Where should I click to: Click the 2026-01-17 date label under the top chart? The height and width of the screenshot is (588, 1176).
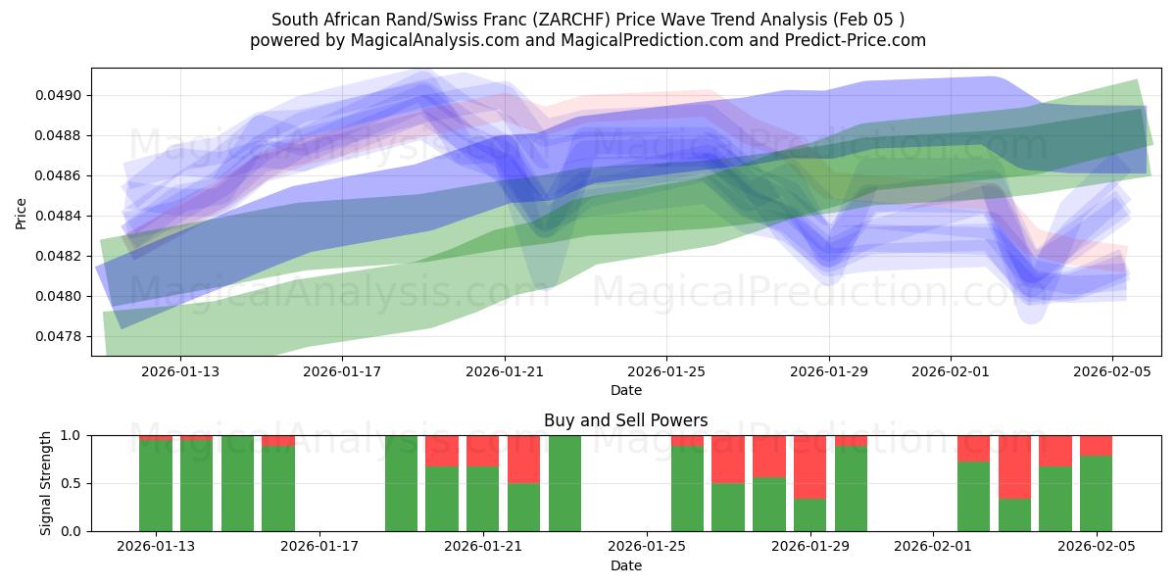(x=342, y=371)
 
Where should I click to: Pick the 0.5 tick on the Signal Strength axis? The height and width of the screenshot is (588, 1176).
(x=73, y=483)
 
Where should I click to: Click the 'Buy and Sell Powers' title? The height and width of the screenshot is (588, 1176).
(x=625, y=420)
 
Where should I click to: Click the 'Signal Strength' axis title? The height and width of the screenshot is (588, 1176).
(x=45, y=483)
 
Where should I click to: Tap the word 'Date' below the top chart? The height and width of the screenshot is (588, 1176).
(x=625, y=390)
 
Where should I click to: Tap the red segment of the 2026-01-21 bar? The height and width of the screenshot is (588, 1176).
(x=482, y=451)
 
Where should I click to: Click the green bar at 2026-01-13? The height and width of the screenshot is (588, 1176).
(x=156, y=485)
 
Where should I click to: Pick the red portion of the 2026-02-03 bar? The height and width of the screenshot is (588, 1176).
(x=1014, y=466)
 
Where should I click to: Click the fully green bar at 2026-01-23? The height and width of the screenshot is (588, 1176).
(x=564, y=483)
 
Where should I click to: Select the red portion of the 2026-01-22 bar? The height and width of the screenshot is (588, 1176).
(x=523, y=459)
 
